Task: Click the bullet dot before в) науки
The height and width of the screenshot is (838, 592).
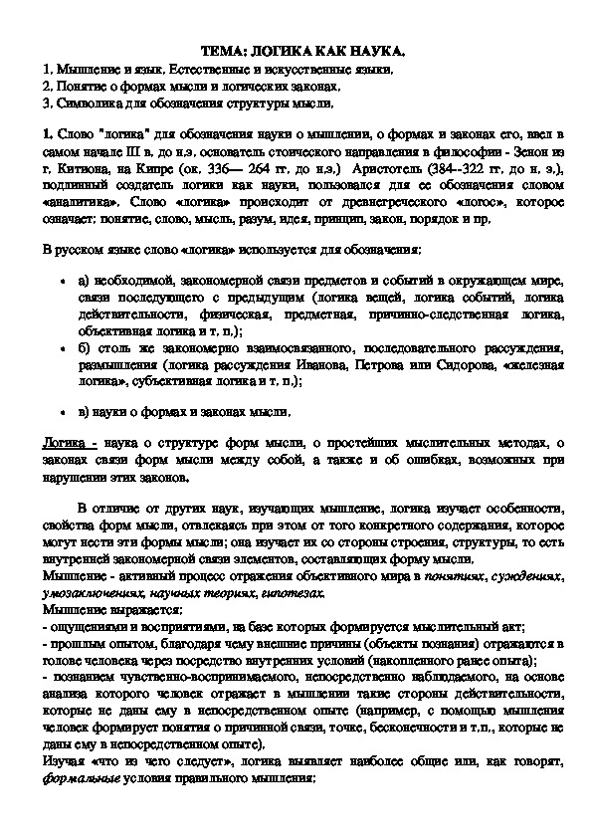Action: pos(63,410)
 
